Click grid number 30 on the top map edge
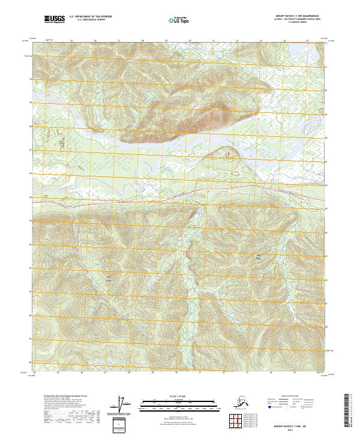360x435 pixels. pyautogui.click(x=190, y=41)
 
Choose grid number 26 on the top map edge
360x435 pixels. pyautogui.click(x=95, y=41)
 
